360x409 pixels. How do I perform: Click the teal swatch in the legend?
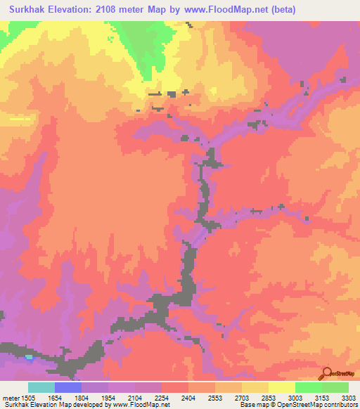point(41,387)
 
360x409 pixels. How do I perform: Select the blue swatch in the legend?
point(68,387)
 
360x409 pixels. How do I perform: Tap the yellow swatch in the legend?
point(282,387)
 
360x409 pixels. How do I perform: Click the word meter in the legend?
point(11,398)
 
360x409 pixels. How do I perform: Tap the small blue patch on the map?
point(29,357)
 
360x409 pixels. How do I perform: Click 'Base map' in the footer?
point(251,405)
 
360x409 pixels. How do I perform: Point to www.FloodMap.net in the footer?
point(140,405)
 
